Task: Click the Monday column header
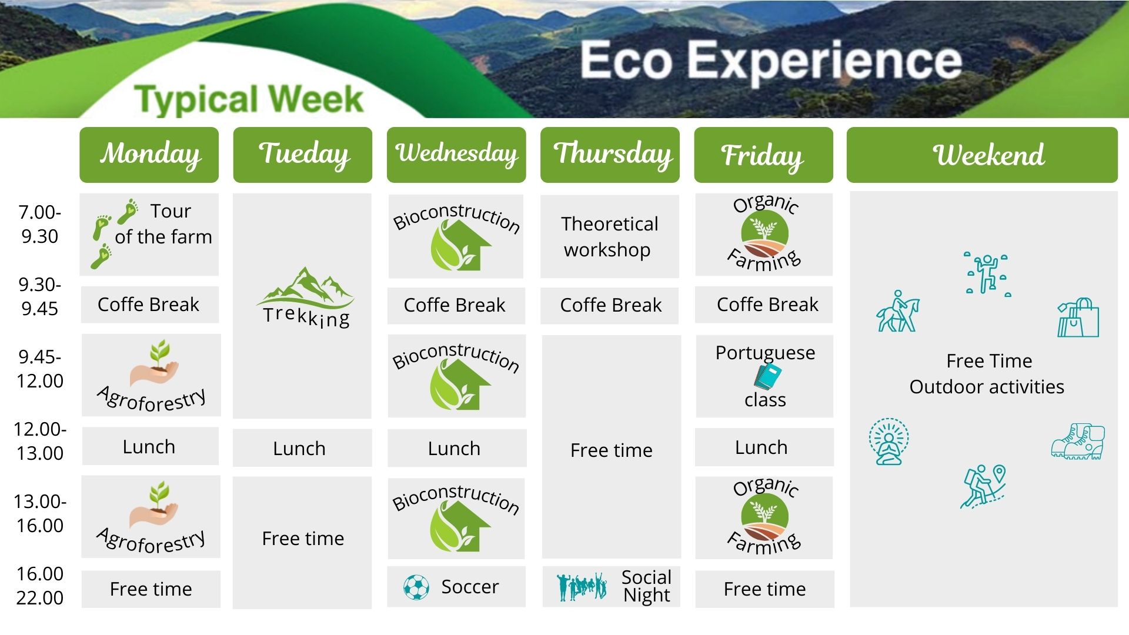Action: (149, 155)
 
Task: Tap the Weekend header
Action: (982, 155)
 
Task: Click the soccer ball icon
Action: (416, 587)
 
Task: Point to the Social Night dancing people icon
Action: (582, 586)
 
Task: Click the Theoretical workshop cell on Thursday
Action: (609, 236)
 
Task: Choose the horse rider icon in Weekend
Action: (897, 312)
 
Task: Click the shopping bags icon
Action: (1078, 317)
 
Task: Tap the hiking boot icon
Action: (1078, 442)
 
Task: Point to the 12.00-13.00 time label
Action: (40, 441)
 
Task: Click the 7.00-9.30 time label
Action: (40, 224)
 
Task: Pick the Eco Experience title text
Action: (771, 61)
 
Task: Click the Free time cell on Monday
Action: (151, 589)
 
